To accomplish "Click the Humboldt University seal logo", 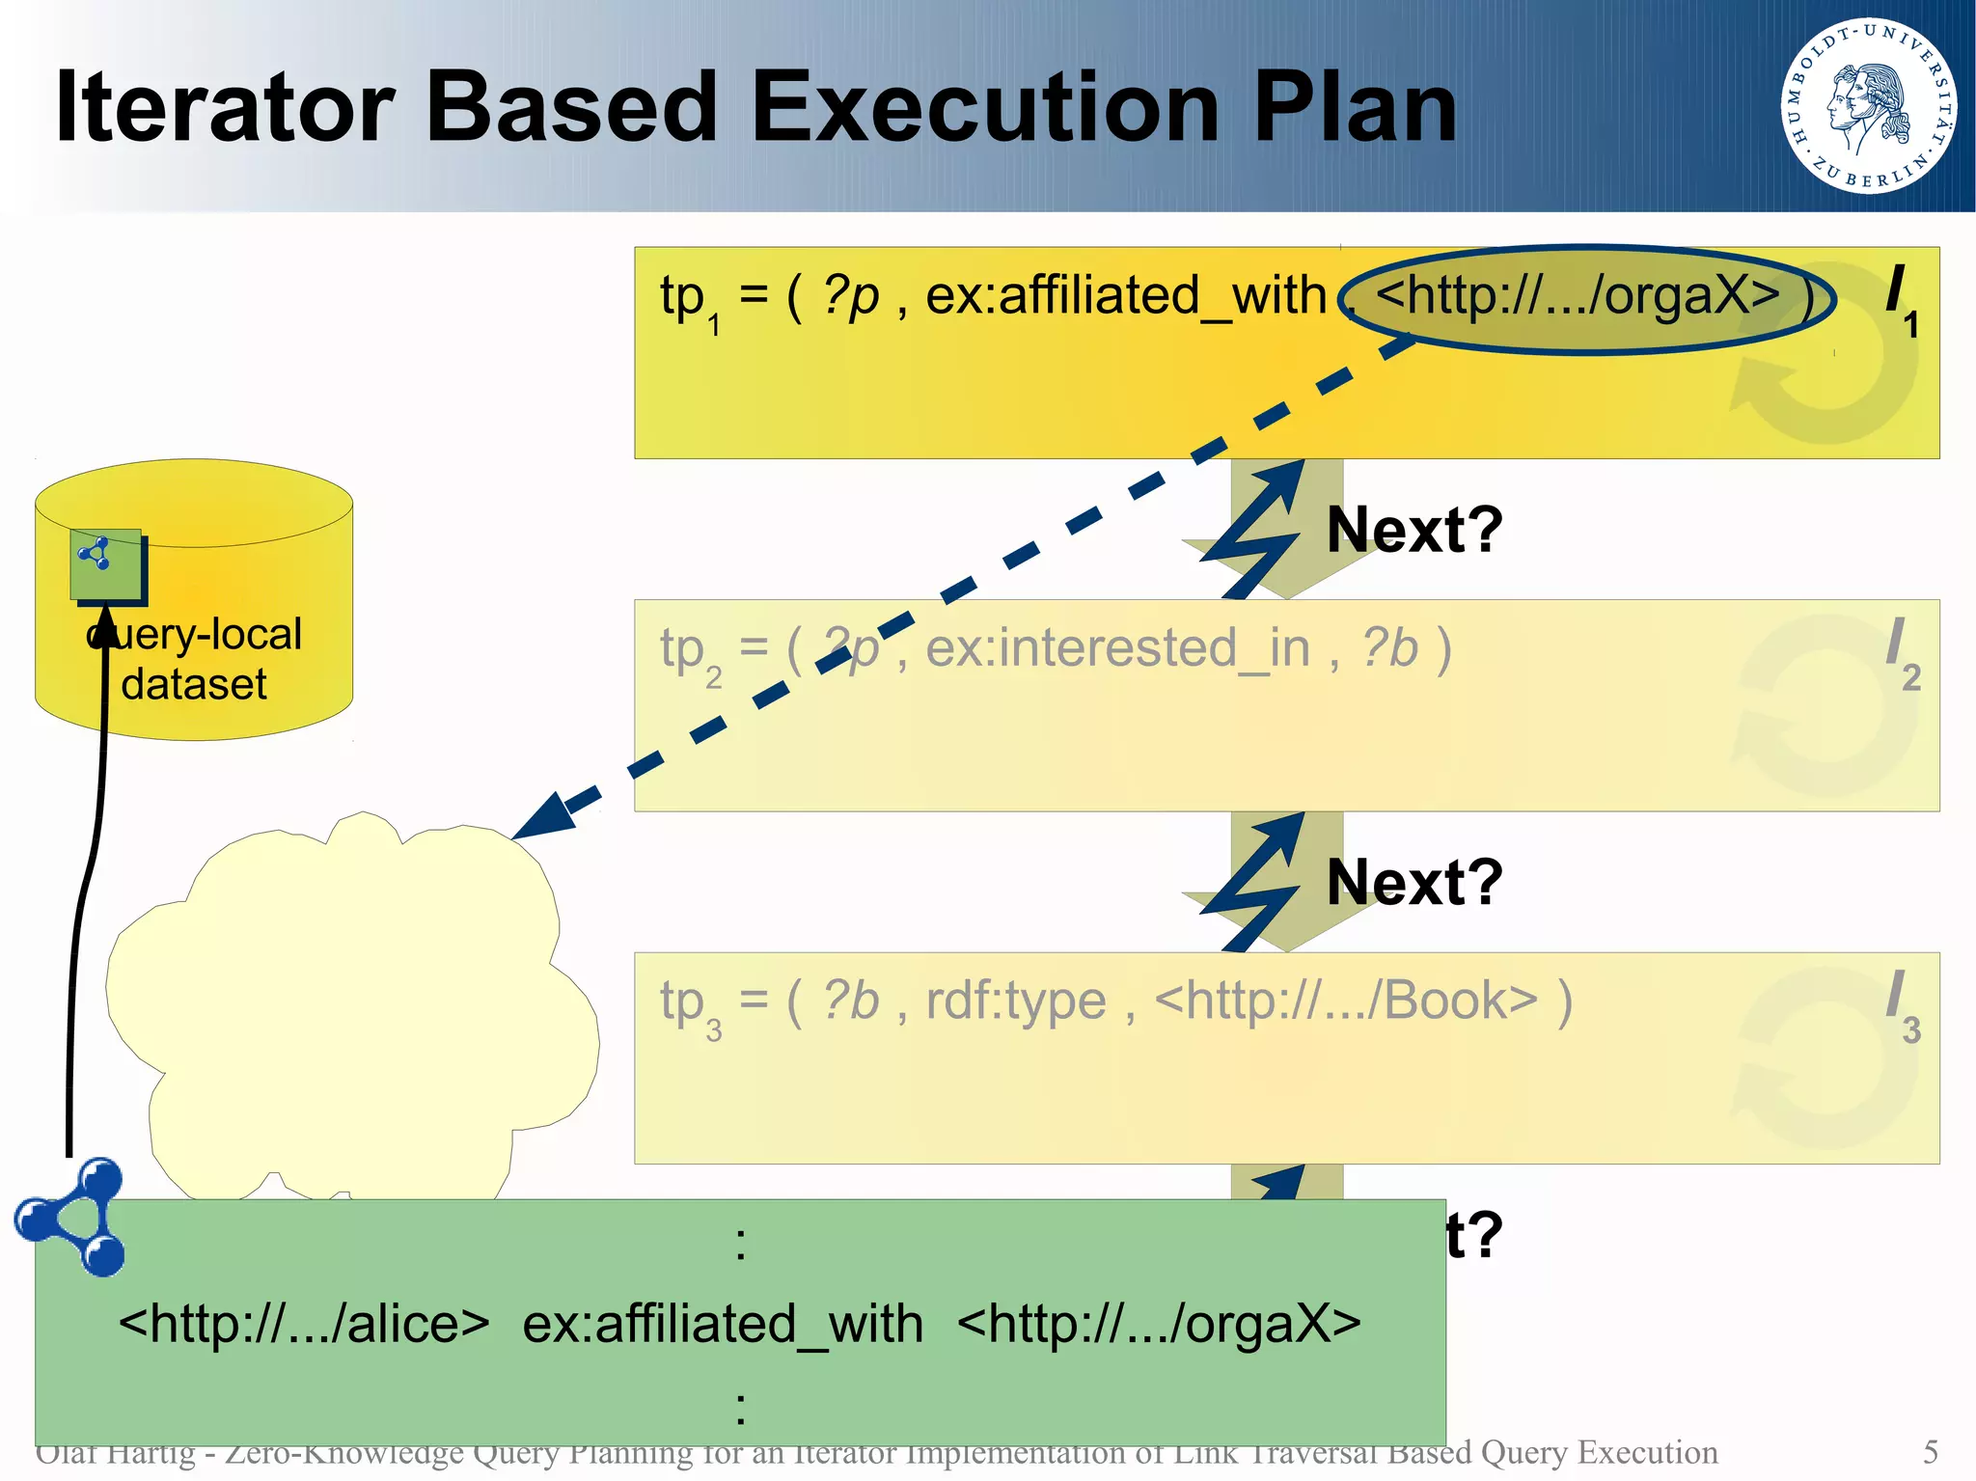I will [x=1869, y=105].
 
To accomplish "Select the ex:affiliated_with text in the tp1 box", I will [x=1126, y=295].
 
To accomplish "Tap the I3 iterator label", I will [x=1901, y=1005].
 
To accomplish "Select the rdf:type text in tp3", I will [x=1015, y=1001].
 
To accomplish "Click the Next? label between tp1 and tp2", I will [x=1414, y=530].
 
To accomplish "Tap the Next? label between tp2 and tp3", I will [x=1414, y=882].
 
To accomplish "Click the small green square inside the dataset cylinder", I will [x=106, y=563].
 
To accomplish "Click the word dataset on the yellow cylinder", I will [x=193, y=684].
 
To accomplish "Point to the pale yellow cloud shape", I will [x=357, y=1013].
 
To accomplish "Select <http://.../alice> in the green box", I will [x=304, y=1324].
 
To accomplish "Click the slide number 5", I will [x=1930, y=1452].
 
